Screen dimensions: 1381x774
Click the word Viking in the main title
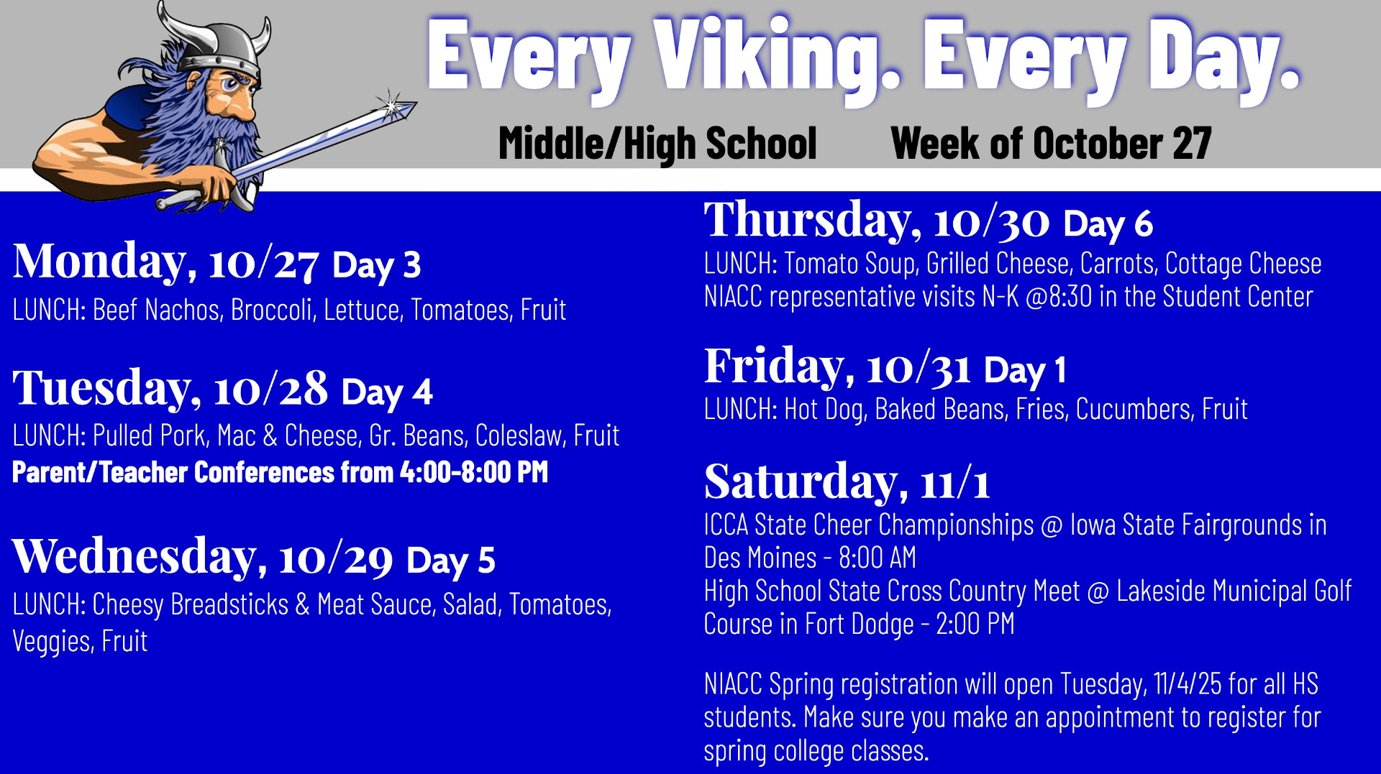(777, 59)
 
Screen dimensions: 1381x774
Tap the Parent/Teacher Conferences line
(280, 472)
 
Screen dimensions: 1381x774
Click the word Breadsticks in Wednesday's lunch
(229, 605)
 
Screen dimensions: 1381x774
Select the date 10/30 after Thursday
(992, 221)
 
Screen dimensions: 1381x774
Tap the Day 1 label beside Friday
(1025, 370)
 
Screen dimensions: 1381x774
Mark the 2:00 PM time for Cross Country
(975, 624)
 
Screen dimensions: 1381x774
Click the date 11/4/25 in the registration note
(1187, 684)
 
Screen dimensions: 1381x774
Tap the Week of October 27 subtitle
(1051, 144)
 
